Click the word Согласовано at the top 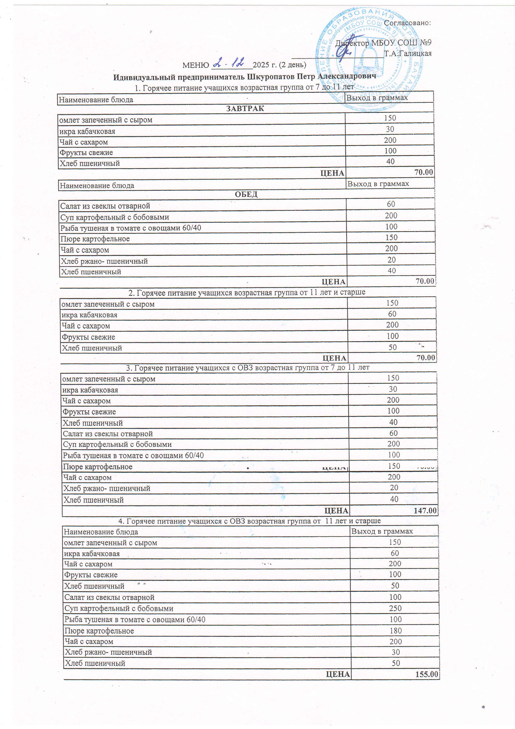pos(407,23)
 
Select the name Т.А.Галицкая pos(408,53)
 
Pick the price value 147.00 pos(425,511)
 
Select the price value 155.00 pos(427,674)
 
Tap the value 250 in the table pos(395,608)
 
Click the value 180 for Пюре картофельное pos(396,630)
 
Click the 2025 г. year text pos(265,65)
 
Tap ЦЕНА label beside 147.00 pos(336,511)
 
